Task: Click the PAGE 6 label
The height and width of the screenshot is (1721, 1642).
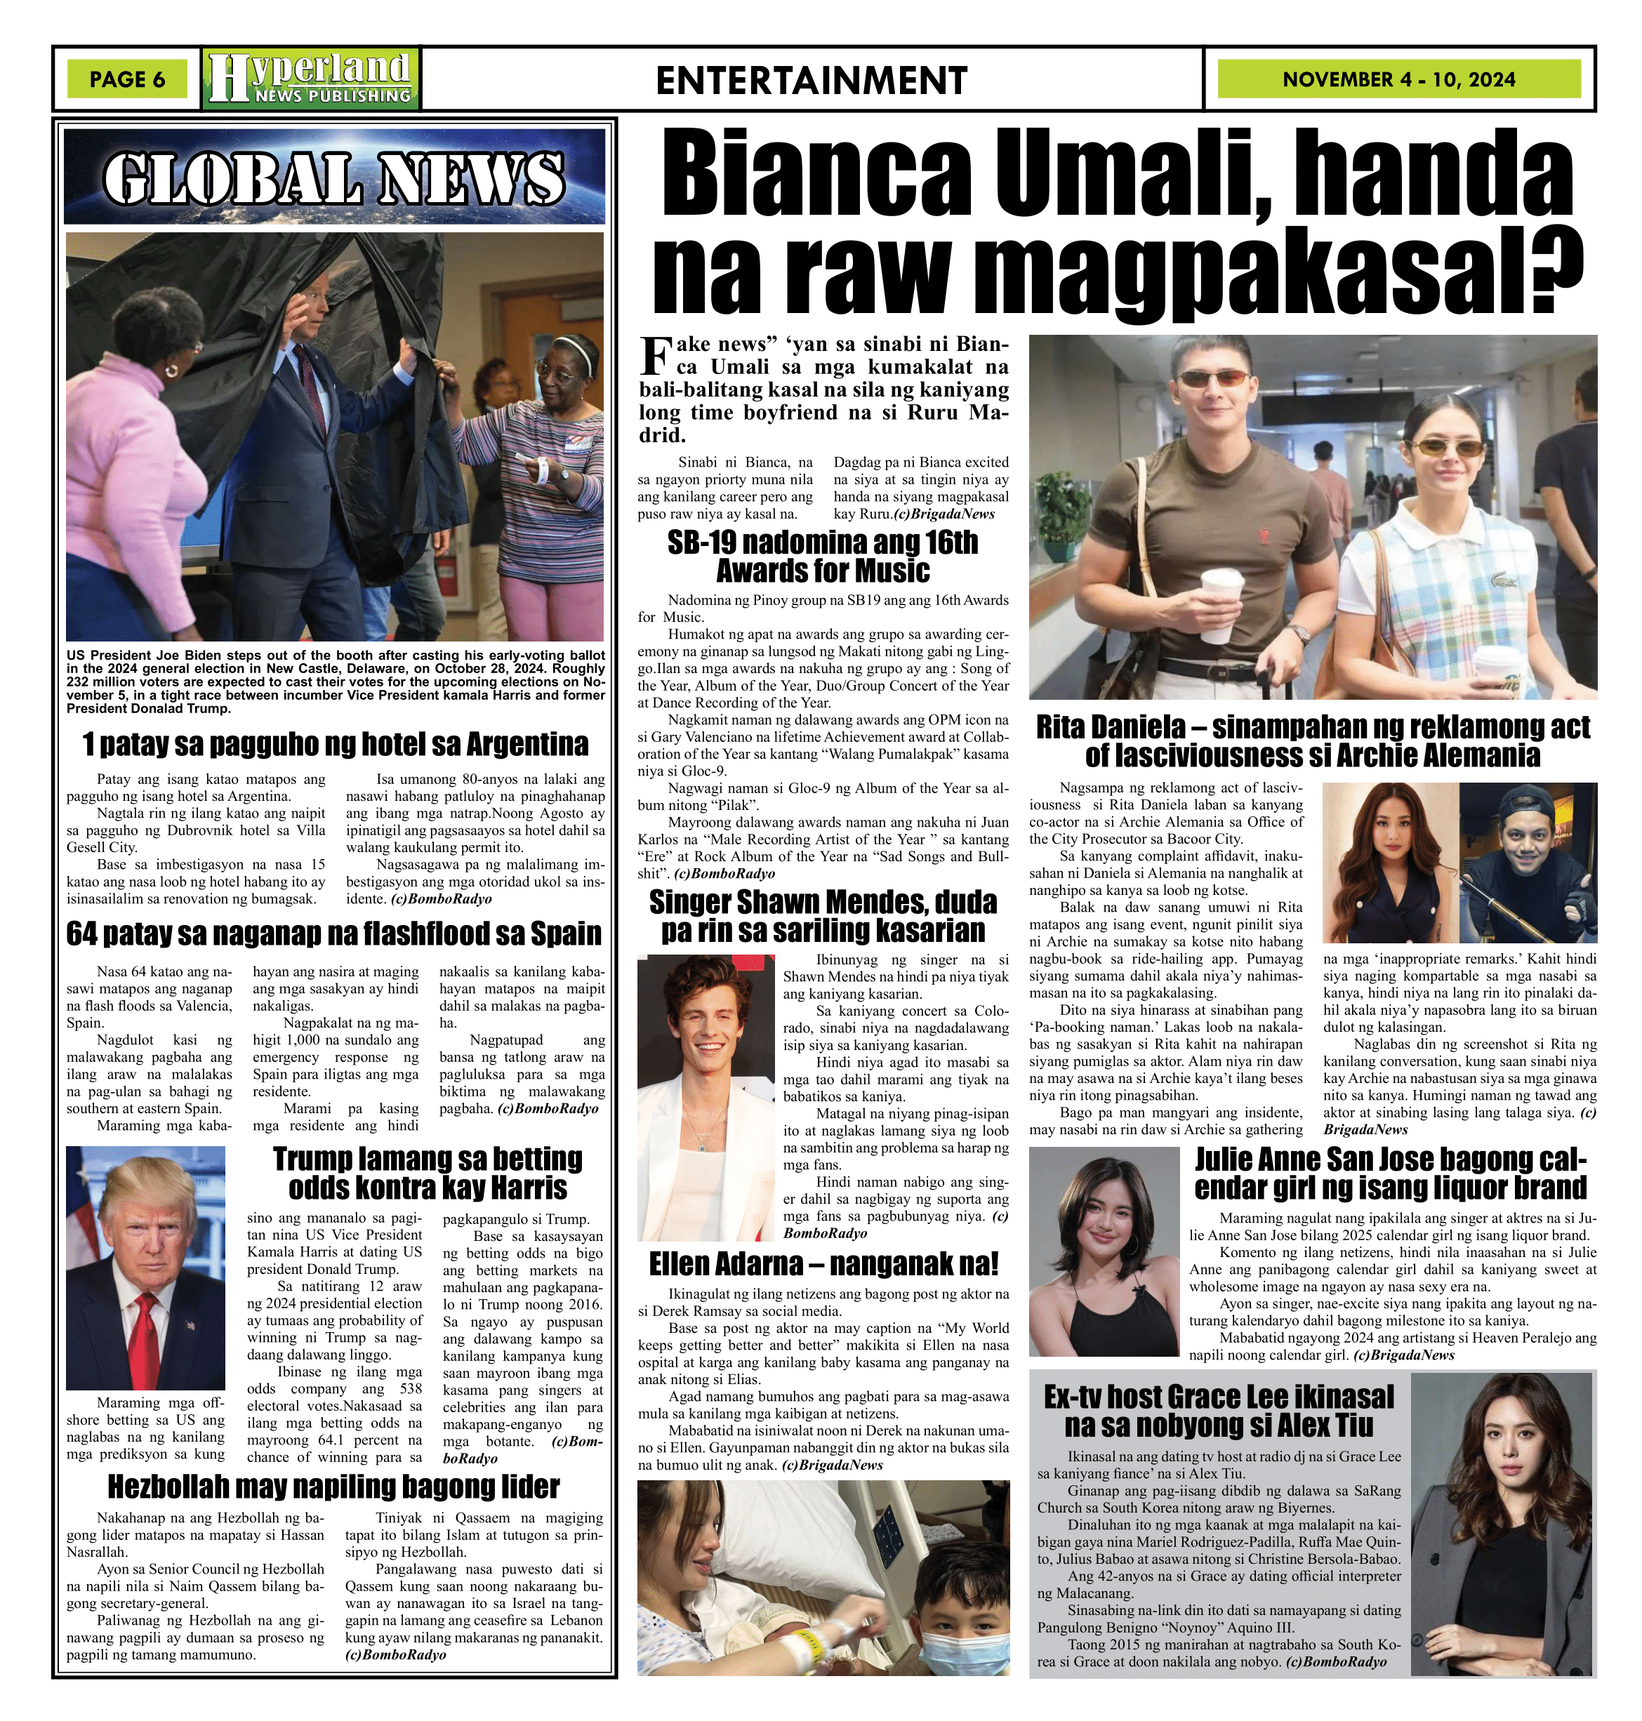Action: click(127, 79)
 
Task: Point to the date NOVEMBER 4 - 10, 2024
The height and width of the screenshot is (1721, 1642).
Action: click(1398, 79)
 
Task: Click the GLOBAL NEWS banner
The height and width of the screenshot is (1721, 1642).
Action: click(334, 178)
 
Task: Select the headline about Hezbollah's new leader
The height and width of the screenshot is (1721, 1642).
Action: click(333, 1487)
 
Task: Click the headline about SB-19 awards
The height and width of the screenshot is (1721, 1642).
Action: click(823, 557)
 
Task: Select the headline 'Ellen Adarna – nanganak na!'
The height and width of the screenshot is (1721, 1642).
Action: click(823, 1264)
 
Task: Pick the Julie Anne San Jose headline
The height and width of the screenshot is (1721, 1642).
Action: click(1390, 1174)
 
